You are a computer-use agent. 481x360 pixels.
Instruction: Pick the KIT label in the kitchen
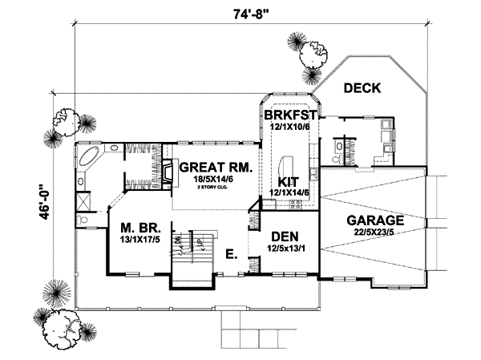289,181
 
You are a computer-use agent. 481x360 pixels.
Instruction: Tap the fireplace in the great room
168,172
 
